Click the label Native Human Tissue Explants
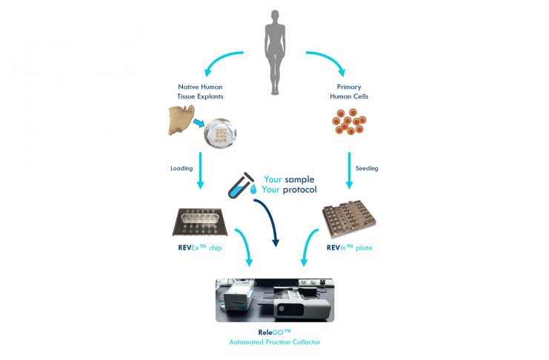201,93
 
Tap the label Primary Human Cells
347,93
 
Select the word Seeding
367,168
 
